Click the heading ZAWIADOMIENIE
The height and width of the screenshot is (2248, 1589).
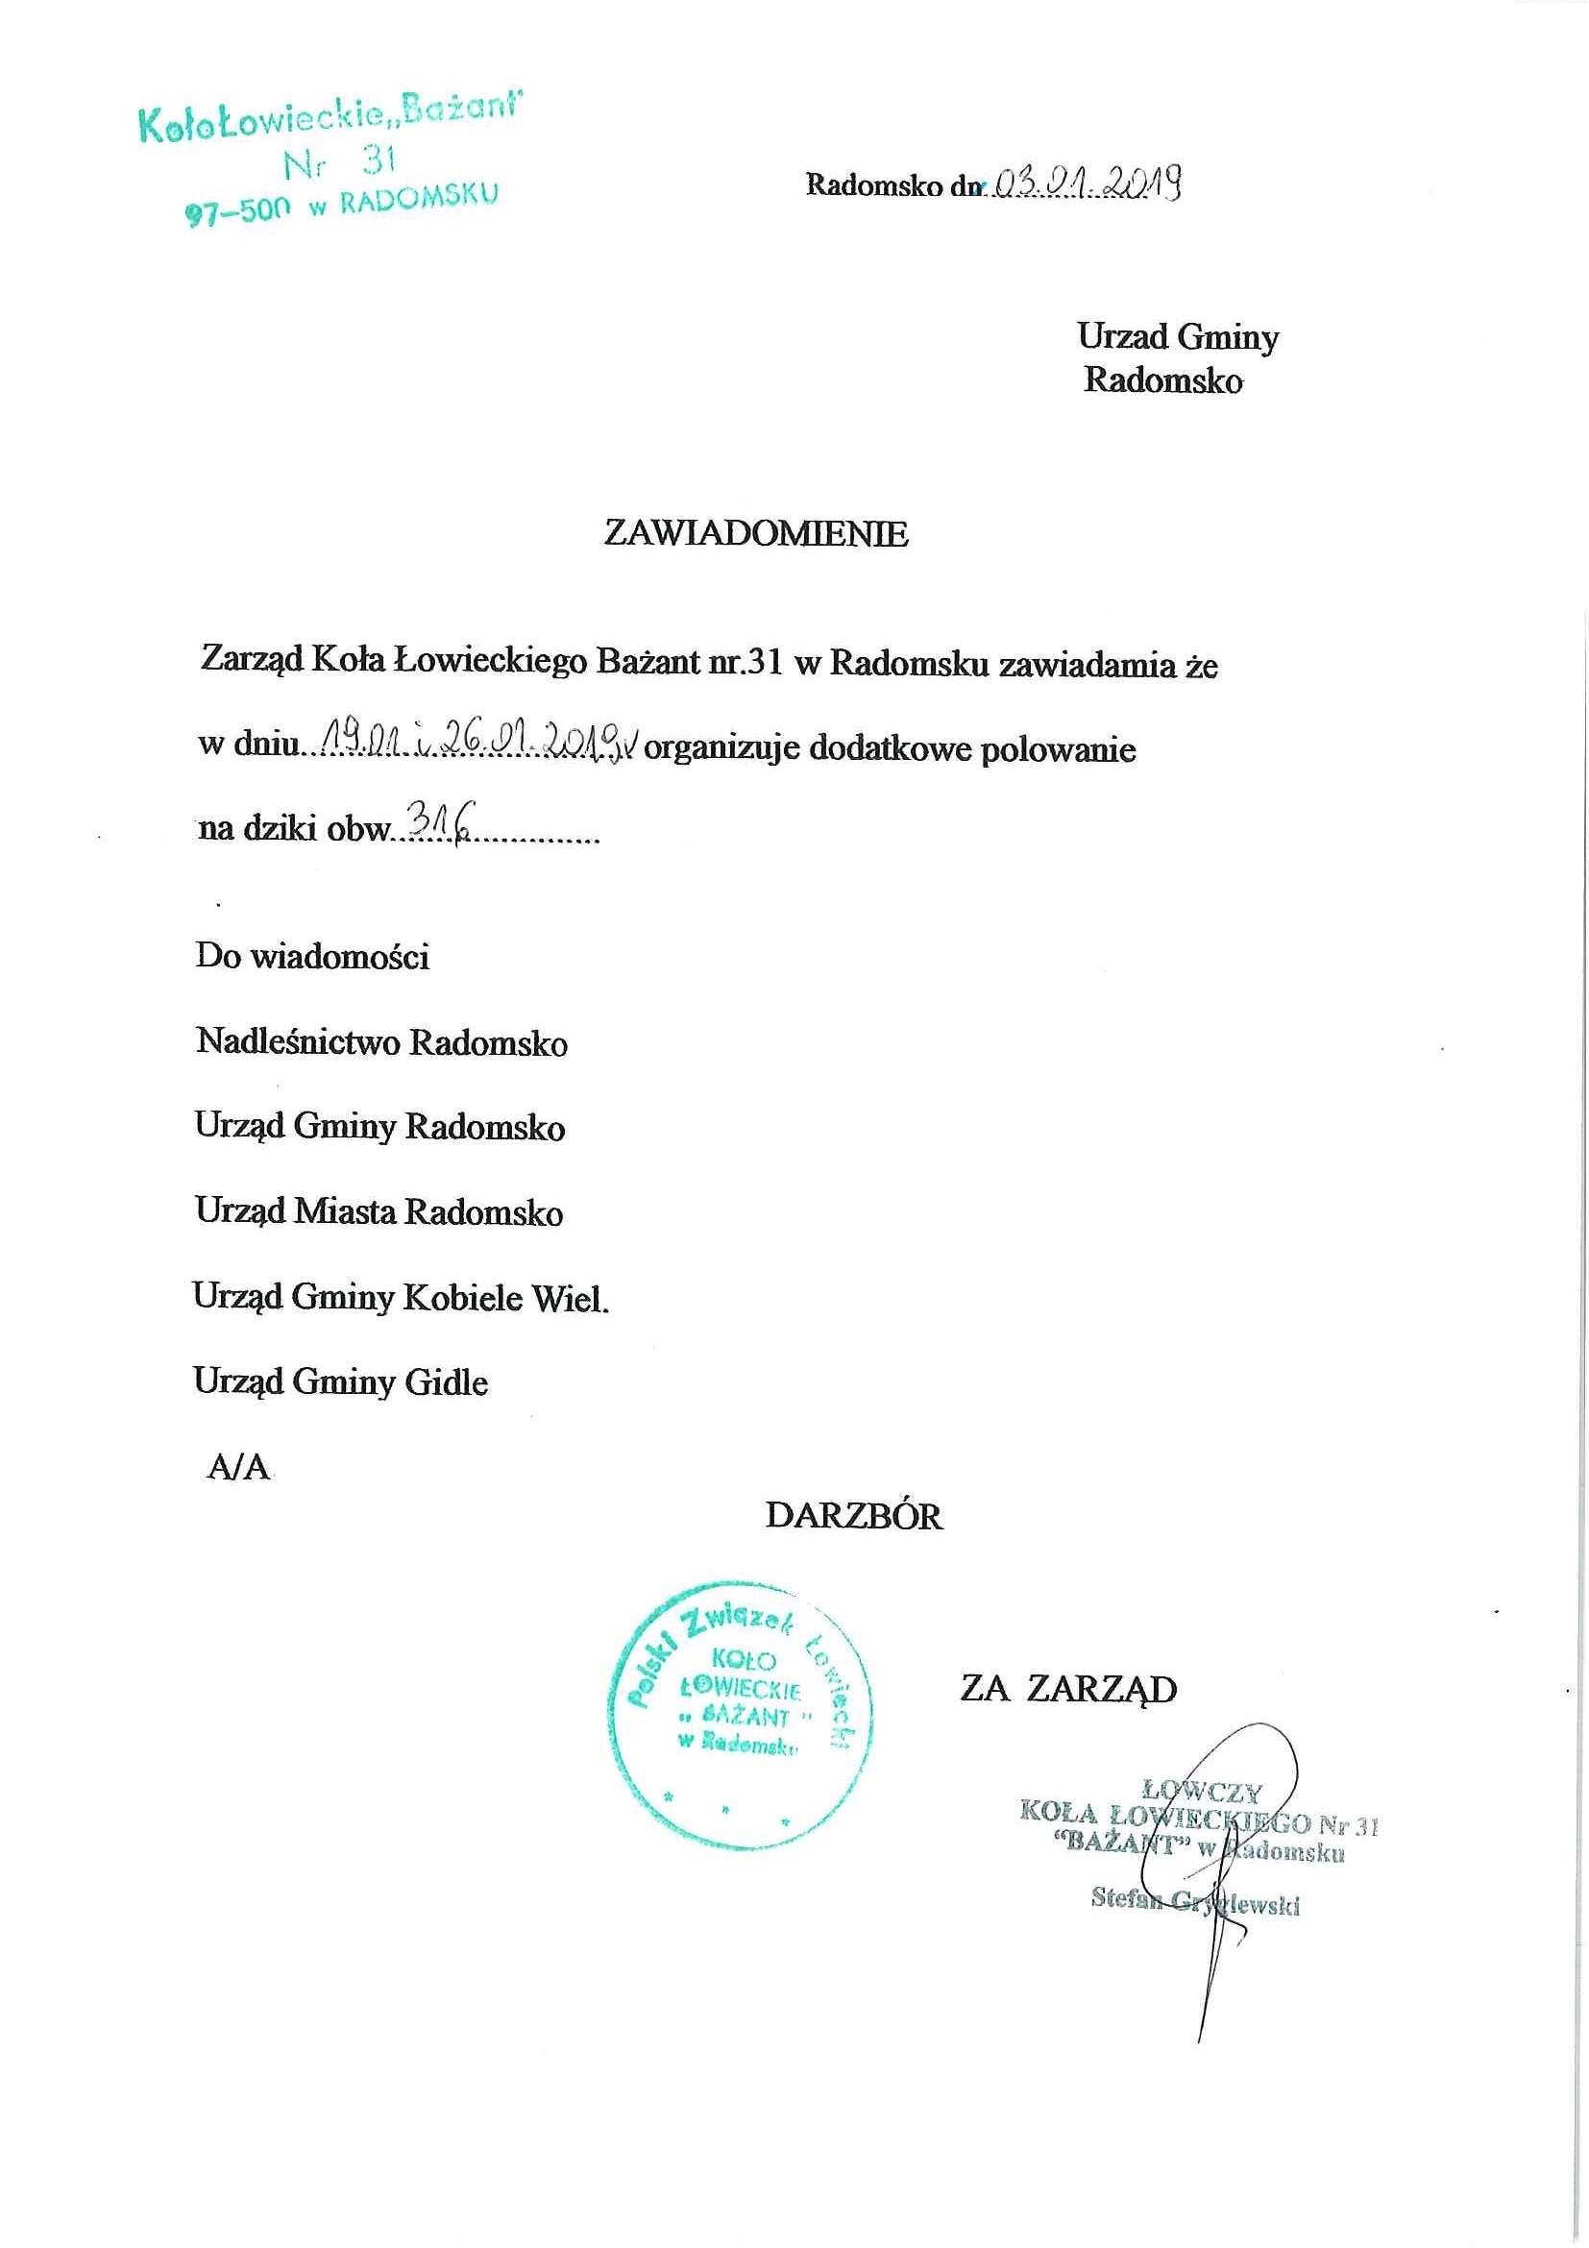click(756, 532)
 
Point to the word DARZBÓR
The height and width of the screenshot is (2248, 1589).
click(853, 1517)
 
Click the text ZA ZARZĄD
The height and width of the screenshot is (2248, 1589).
click(1068, 1689)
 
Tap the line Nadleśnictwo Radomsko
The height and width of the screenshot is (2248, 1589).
click(380, 1041)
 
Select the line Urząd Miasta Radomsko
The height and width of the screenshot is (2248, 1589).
click(379, 1212)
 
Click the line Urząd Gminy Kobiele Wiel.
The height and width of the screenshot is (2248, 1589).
click(401, 1297)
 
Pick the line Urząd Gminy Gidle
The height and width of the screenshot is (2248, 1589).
click(341, 1381)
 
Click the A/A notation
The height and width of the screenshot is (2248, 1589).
click(238, 1468)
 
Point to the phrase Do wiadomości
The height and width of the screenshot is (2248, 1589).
click(312, 956)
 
